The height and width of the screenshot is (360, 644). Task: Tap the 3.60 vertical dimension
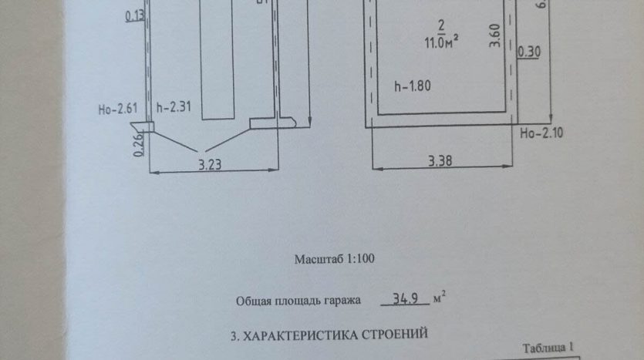click(x=495, y=36)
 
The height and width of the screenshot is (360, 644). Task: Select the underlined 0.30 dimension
click(x=530, y=52)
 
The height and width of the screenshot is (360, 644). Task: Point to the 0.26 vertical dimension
click(x=139, y=145)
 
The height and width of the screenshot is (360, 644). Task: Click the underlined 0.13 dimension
click(x=134, y=16)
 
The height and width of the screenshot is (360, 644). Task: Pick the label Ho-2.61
click(x=118, y=109)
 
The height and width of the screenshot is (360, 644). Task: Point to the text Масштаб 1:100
click(x=334, y=259)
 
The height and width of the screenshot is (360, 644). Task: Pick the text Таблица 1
click(x=549, y=348)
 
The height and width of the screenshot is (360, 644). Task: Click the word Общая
click(x=255, y=301)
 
